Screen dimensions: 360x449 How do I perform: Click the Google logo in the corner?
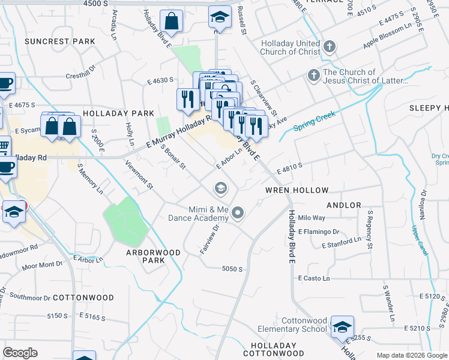click(x=20, y=353)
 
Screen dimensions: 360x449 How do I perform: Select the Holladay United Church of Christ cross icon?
click(x=328, y=46)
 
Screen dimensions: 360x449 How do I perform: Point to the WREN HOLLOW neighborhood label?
click(x=297, y=190)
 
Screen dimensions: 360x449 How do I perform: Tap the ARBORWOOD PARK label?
click(x=153, y=257)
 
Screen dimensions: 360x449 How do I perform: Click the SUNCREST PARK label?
click(x=60, y=41)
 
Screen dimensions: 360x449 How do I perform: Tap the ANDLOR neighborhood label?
click(x=344, y=205)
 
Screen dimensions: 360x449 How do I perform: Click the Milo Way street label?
click(x=312, y=218)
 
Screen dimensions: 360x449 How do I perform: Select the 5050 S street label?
click(x=232, y=269)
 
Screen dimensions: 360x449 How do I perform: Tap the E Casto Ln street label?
click(x=314, y=278)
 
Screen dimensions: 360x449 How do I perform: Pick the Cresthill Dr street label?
click(x=81, y=76)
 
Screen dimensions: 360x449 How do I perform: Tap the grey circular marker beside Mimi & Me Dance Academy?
click(x=238, y=212)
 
